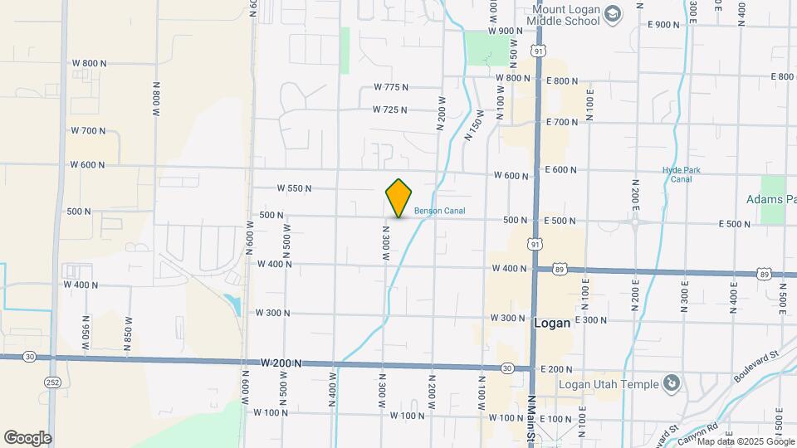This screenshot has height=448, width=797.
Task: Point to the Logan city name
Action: pyautogui.click(x=552, y=324)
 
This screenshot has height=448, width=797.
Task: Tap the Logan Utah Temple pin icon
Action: pyautogui.click(x=672, y=383)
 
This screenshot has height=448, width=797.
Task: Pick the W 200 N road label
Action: pyautogui.click(x=281, y=363)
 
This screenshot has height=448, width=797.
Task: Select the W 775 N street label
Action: pyautogui.click(x=391, y=87)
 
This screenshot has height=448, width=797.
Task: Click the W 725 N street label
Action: pyautogui.click(x=390, y=110)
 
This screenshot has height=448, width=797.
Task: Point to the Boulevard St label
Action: pyautogui.click(x=755, y=365)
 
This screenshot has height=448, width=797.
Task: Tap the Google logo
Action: pyautogui.click(x=27, y=438)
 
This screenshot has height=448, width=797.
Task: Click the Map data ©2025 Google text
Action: pyautogui.click(x=746, y=441)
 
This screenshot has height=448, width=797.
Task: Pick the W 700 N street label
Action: pyautogui.click(x=88, y=130)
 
